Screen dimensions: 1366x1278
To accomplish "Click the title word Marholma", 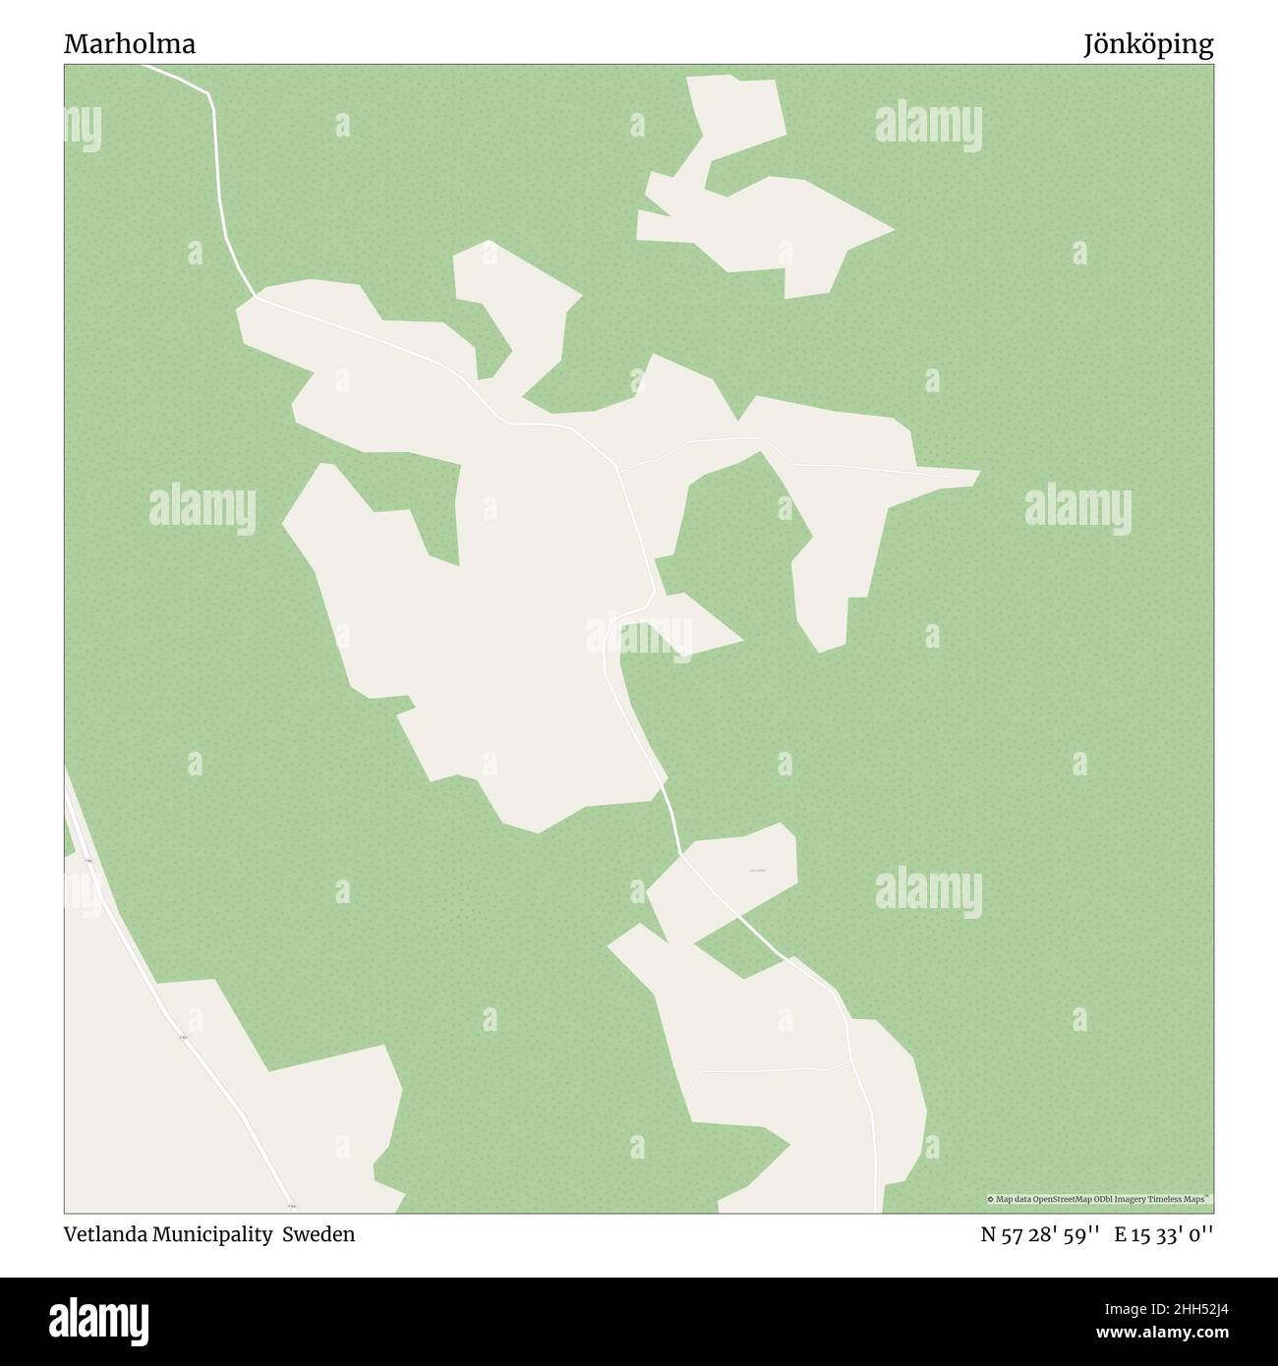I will [x=130, y=44].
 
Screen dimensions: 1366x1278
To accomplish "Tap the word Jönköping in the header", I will [x=1148, y=44].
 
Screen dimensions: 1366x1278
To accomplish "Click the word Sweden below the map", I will [x=319, y=1234].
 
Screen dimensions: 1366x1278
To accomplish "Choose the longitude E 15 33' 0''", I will [x=1164, y=1234].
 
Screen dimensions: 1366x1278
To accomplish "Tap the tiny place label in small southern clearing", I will [x=756, y=869].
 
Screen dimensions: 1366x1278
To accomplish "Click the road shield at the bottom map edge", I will [x=291, y=1205].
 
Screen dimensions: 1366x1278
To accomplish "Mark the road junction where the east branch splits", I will [x=617, y=469].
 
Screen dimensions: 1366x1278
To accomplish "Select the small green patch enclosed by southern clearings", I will [x=736, y=949].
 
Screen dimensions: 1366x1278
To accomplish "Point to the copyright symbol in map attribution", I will [x=991, y=1199].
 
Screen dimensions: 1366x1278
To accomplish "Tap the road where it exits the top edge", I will [x=147, y=67].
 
